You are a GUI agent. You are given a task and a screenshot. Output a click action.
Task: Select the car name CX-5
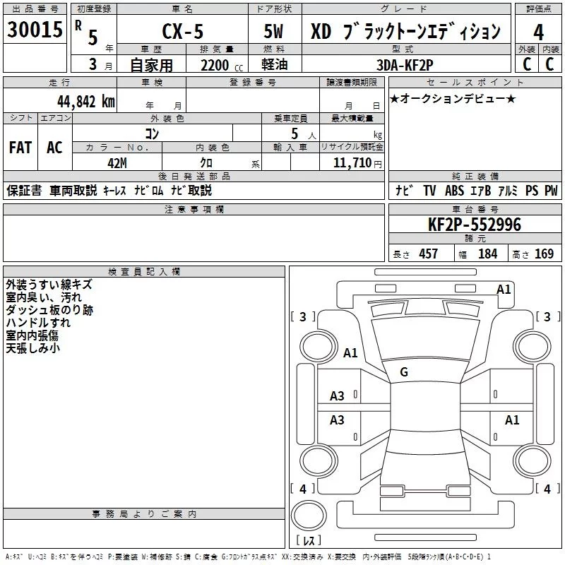tap(182, 32)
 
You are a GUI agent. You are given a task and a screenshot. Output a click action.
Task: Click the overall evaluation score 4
tap(538, 32)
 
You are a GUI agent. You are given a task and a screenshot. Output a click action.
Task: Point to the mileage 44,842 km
tap(85, 101)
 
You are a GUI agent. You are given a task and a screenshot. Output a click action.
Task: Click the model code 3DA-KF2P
tap(406, 66)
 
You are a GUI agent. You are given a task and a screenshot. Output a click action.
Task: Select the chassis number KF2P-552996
tap(475, 225)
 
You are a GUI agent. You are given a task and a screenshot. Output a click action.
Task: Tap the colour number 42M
tap(117, 162)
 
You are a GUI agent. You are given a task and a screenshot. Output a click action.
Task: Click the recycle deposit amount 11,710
tap(351, 162)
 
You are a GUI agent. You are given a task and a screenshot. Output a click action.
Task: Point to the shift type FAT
tap(20, 148)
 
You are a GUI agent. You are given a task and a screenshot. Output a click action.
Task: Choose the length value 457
tap(428, 254)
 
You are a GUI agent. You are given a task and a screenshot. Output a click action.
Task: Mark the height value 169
tap(544, 254)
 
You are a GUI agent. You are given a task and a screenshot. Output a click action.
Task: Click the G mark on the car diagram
tap(404, 372)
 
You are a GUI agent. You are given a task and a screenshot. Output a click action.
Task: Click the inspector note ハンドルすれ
tap(37, 323)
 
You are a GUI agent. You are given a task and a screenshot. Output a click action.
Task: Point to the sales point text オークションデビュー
tap(452, 99)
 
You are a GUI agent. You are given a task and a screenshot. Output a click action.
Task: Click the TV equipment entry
tap(429, 191)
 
